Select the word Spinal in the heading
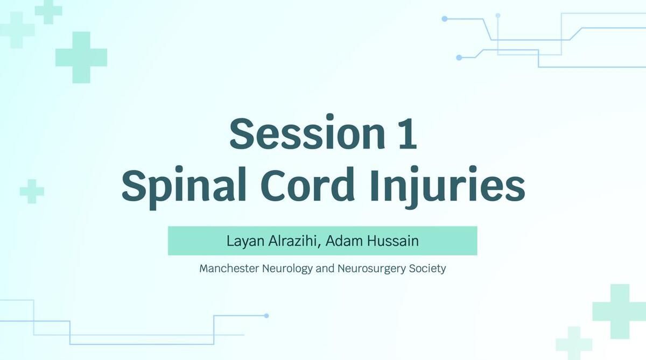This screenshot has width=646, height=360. pos(184,186)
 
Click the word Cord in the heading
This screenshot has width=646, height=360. pos(308,185)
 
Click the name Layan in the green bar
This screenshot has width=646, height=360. pos(245,241)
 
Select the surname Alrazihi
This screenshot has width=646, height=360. pos(292,241)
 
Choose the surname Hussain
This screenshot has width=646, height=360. pos(393,241)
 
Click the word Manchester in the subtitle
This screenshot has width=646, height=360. pos(229,269)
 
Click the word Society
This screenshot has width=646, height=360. pos(427,269)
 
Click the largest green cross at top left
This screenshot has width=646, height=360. pos(81,58)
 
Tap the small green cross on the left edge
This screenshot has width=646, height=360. pos(32,191)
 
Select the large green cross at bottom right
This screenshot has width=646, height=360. pos(620,311)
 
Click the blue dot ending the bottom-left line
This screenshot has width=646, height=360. pos(266,316)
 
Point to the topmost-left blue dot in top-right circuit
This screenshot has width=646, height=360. pos(445,19)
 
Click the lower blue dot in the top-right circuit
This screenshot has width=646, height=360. pos(459,58)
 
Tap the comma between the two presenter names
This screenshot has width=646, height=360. pos(319,246)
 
